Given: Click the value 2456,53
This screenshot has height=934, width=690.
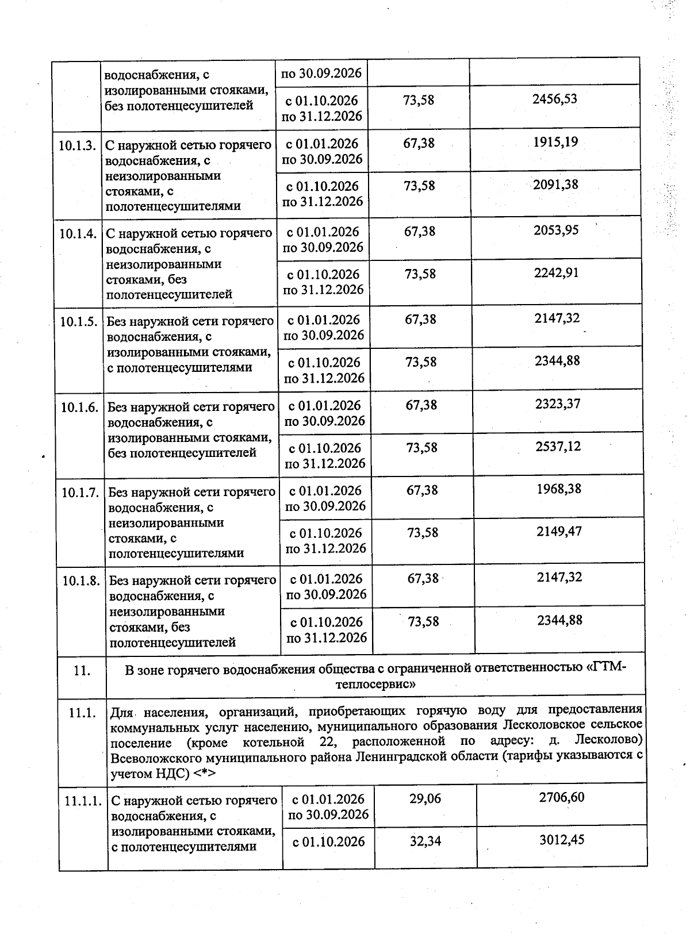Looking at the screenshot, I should point(555,99).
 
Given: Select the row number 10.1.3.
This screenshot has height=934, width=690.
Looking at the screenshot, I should point(77,145).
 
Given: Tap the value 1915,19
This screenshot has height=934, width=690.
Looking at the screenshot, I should point(555,141).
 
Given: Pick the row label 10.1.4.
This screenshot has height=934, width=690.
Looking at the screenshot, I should point(78,233).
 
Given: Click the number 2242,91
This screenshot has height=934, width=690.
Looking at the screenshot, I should point(556,272).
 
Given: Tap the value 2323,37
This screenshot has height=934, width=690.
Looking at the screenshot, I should point(558,403).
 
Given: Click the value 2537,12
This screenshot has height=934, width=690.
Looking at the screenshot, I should point(558,446).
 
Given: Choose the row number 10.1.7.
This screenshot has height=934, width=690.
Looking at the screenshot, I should point(80,493).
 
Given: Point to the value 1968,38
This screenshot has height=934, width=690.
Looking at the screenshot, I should point(559,489).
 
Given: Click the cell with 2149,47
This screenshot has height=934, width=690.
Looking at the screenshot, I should point(559,531).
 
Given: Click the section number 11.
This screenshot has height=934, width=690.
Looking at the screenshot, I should point(82,670).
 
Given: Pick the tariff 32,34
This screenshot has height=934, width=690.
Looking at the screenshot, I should point(425,841).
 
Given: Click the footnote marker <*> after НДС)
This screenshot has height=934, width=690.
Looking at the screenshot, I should point(205,774).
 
